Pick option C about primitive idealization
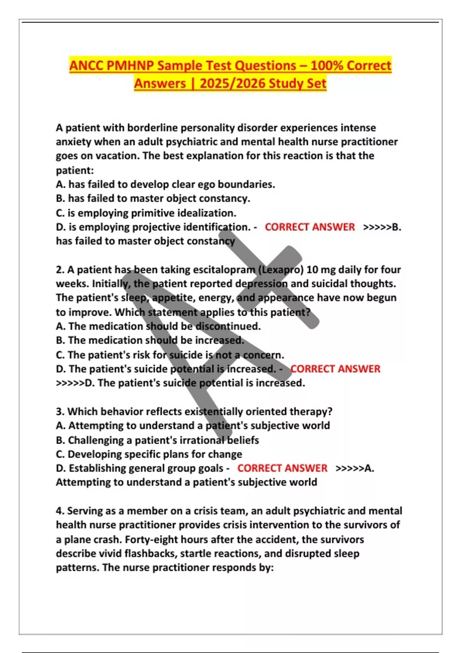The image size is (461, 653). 146,213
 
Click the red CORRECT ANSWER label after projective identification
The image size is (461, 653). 310,227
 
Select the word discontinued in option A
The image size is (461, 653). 228,326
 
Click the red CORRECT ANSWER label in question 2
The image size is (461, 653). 335,369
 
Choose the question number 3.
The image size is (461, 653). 60,411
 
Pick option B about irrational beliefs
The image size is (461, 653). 158,440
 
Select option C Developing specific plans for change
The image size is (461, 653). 149,454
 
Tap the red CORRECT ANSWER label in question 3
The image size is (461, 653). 282,468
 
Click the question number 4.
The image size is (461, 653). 60,511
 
